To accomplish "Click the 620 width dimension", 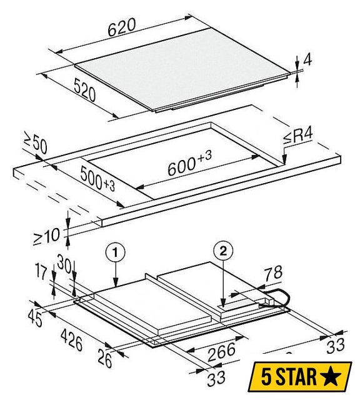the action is click(121, 27).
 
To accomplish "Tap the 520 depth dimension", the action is click(85, 90).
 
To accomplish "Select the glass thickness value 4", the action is click(307, 60).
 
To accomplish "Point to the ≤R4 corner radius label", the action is click(297, 137).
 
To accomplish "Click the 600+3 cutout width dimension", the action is click(189, 163).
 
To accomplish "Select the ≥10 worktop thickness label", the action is click(47, 236).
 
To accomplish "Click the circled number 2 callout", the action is click(223, 252).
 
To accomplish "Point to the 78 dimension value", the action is click(272, 273).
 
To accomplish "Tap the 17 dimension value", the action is click(42, 272).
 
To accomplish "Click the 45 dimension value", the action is click(35, 318).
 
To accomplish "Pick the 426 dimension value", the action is click(72, 340).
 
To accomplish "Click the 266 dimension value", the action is click(221, 352).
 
